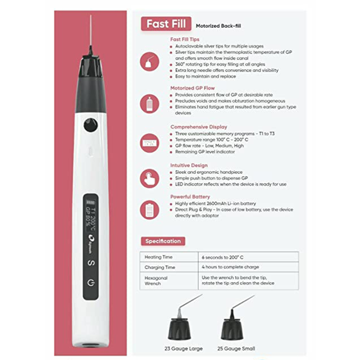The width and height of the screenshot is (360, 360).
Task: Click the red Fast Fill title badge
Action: (x=166, y=24)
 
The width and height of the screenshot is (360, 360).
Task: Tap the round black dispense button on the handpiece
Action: (x=91, y=125)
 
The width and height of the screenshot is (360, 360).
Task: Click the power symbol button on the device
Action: (x=91, y=282)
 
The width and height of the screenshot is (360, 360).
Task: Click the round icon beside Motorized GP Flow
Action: (x=149, y=104)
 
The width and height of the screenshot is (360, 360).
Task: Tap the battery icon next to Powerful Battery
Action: (x=149, y=210)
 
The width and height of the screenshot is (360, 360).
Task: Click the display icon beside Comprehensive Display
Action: (x=149, y=143)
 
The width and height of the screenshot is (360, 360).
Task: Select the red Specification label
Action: (x=163, y=241)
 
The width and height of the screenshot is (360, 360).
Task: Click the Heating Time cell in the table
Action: (x=158, y=257)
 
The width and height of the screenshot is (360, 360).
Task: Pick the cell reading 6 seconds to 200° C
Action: (x=222, y=257)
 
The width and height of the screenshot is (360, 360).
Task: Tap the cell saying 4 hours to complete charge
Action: (x=230, y=267)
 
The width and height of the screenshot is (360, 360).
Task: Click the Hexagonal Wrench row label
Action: (x=156, y=281)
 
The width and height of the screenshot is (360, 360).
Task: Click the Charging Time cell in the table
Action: (x=159, y=267)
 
